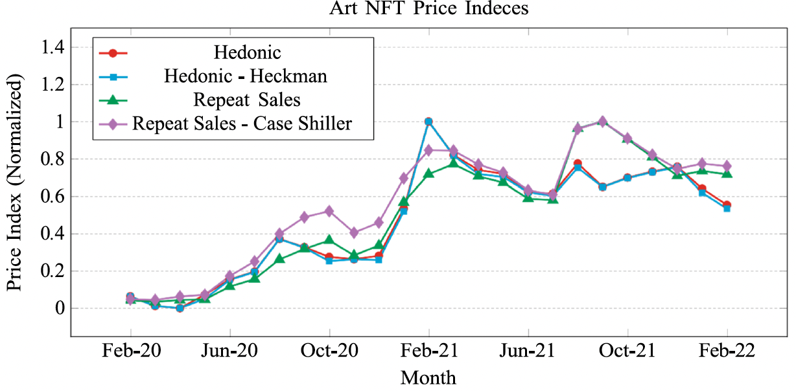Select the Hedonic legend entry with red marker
(x=247, y=52)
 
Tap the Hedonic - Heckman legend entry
(x=245, y=76)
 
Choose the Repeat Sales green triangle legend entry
(x=246, y=100)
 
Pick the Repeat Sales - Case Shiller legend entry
(x=242, y=123)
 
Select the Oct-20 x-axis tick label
(x=329, y=352)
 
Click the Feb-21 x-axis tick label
(x=428, y=352)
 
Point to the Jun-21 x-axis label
(x=528, y=352)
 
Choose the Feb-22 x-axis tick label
(x=727, y=352)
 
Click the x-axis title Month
(x=428, y=377)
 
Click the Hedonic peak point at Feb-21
(x=428, y=122)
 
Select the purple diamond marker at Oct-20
(x=329, y=211)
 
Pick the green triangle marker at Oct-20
(x=329, y=240)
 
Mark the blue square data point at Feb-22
(x=727, y=208)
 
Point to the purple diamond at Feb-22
(x=727, y=166)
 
